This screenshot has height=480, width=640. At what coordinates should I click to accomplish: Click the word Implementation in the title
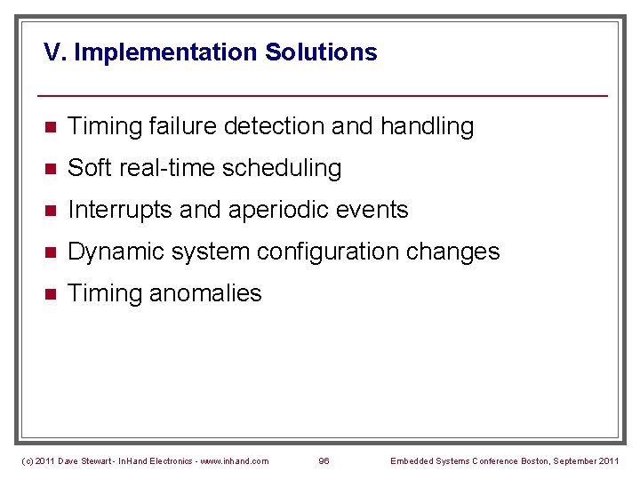[x=166, y=52]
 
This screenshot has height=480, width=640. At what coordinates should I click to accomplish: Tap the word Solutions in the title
[x=321, y=52]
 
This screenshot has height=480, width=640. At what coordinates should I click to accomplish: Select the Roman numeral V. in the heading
[x=55, y=52]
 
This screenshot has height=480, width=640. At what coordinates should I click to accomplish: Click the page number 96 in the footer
[x=324, y=460]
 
